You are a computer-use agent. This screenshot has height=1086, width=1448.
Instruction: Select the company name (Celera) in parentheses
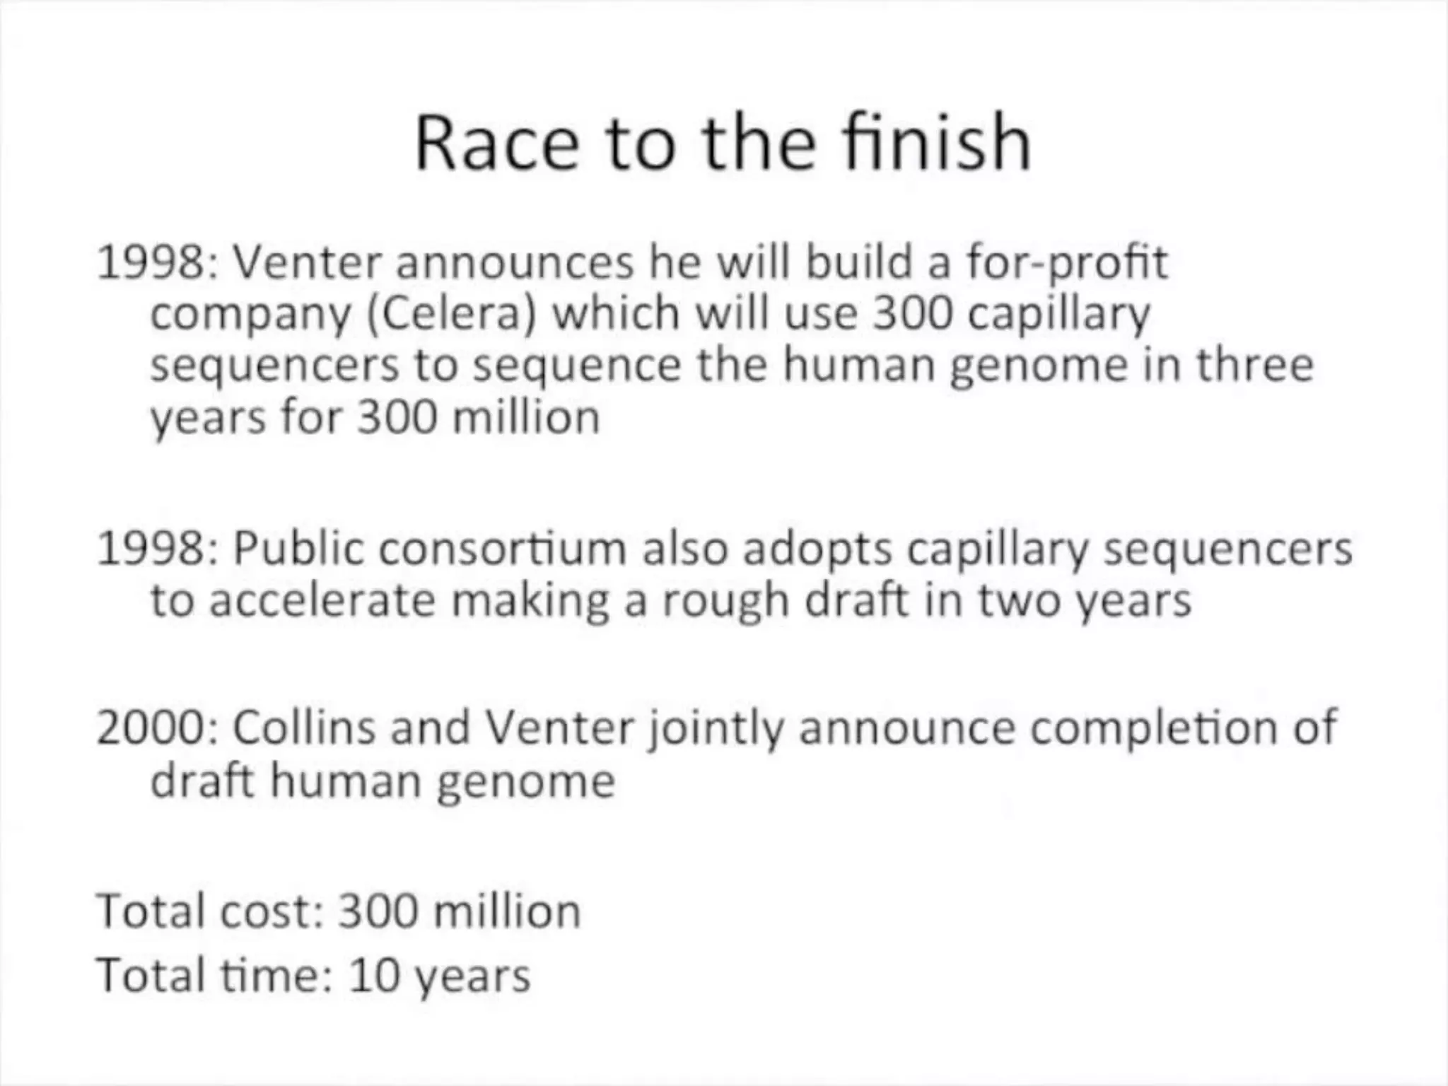coord(451,314)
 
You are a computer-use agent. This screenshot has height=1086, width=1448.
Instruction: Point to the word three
coord(1254,365)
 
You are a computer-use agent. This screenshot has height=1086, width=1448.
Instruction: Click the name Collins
coord(303,727)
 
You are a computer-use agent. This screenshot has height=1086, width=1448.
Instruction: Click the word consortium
coord(503,549)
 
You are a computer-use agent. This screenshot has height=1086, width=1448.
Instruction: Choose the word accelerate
coord(322,601)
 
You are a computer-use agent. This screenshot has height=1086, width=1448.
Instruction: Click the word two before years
coord(1020,601)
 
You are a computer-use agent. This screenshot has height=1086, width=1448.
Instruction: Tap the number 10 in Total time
coord(370,976)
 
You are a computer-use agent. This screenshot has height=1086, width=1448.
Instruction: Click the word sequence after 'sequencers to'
coord(576,366)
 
